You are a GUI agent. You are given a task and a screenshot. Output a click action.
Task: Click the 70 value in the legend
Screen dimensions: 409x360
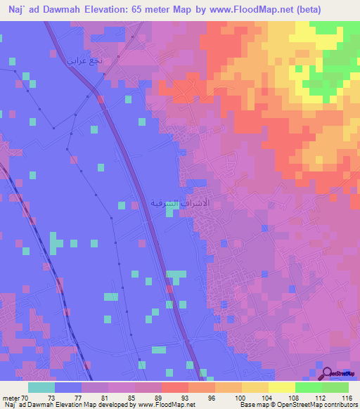[28, 397]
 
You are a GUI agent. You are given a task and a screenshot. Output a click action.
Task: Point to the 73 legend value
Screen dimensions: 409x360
[55, 397]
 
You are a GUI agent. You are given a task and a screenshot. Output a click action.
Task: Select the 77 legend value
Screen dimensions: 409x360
[82, 397]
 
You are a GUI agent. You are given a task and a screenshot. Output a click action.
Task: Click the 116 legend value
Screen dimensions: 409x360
[345, 397]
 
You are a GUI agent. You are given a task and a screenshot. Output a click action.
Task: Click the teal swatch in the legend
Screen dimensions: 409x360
[41, 387]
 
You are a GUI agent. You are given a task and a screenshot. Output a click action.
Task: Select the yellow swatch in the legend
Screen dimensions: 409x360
[281, 387]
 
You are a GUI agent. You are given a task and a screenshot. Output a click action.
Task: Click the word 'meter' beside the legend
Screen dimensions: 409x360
[11, 397]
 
